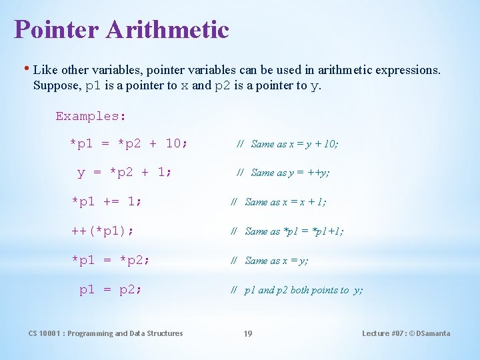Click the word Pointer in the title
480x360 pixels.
52,29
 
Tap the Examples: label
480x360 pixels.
91,116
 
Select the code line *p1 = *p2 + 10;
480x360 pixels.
129,143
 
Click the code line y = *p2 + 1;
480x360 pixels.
125,173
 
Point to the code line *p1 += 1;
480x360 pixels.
107,201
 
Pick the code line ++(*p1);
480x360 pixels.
103,231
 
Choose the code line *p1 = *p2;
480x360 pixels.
111,260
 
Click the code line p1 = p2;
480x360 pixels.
111,289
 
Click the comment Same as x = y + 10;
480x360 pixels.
294,144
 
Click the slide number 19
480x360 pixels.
247,333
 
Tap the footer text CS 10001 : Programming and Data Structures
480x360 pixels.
105,333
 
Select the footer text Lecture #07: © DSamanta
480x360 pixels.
405,333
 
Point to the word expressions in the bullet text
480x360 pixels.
403,69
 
